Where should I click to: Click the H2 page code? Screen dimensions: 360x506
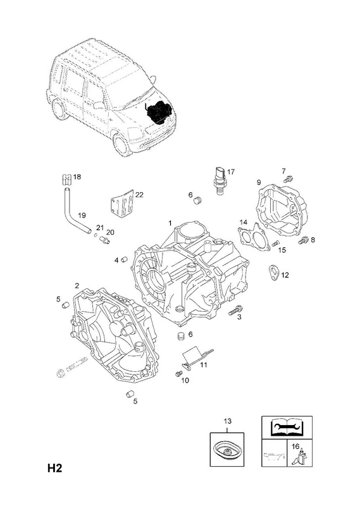[x=54, y=468]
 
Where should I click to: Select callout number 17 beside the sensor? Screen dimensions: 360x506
[x=231, y=171]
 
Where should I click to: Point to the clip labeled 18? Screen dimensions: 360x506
[x=66, y=179]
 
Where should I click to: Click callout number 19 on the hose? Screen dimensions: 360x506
[x=82, y=215]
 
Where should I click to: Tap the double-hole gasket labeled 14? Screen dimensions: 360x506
[x=254, y=237]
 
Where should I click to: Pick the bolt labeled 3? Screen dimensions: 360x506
[x=236, y=310]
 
